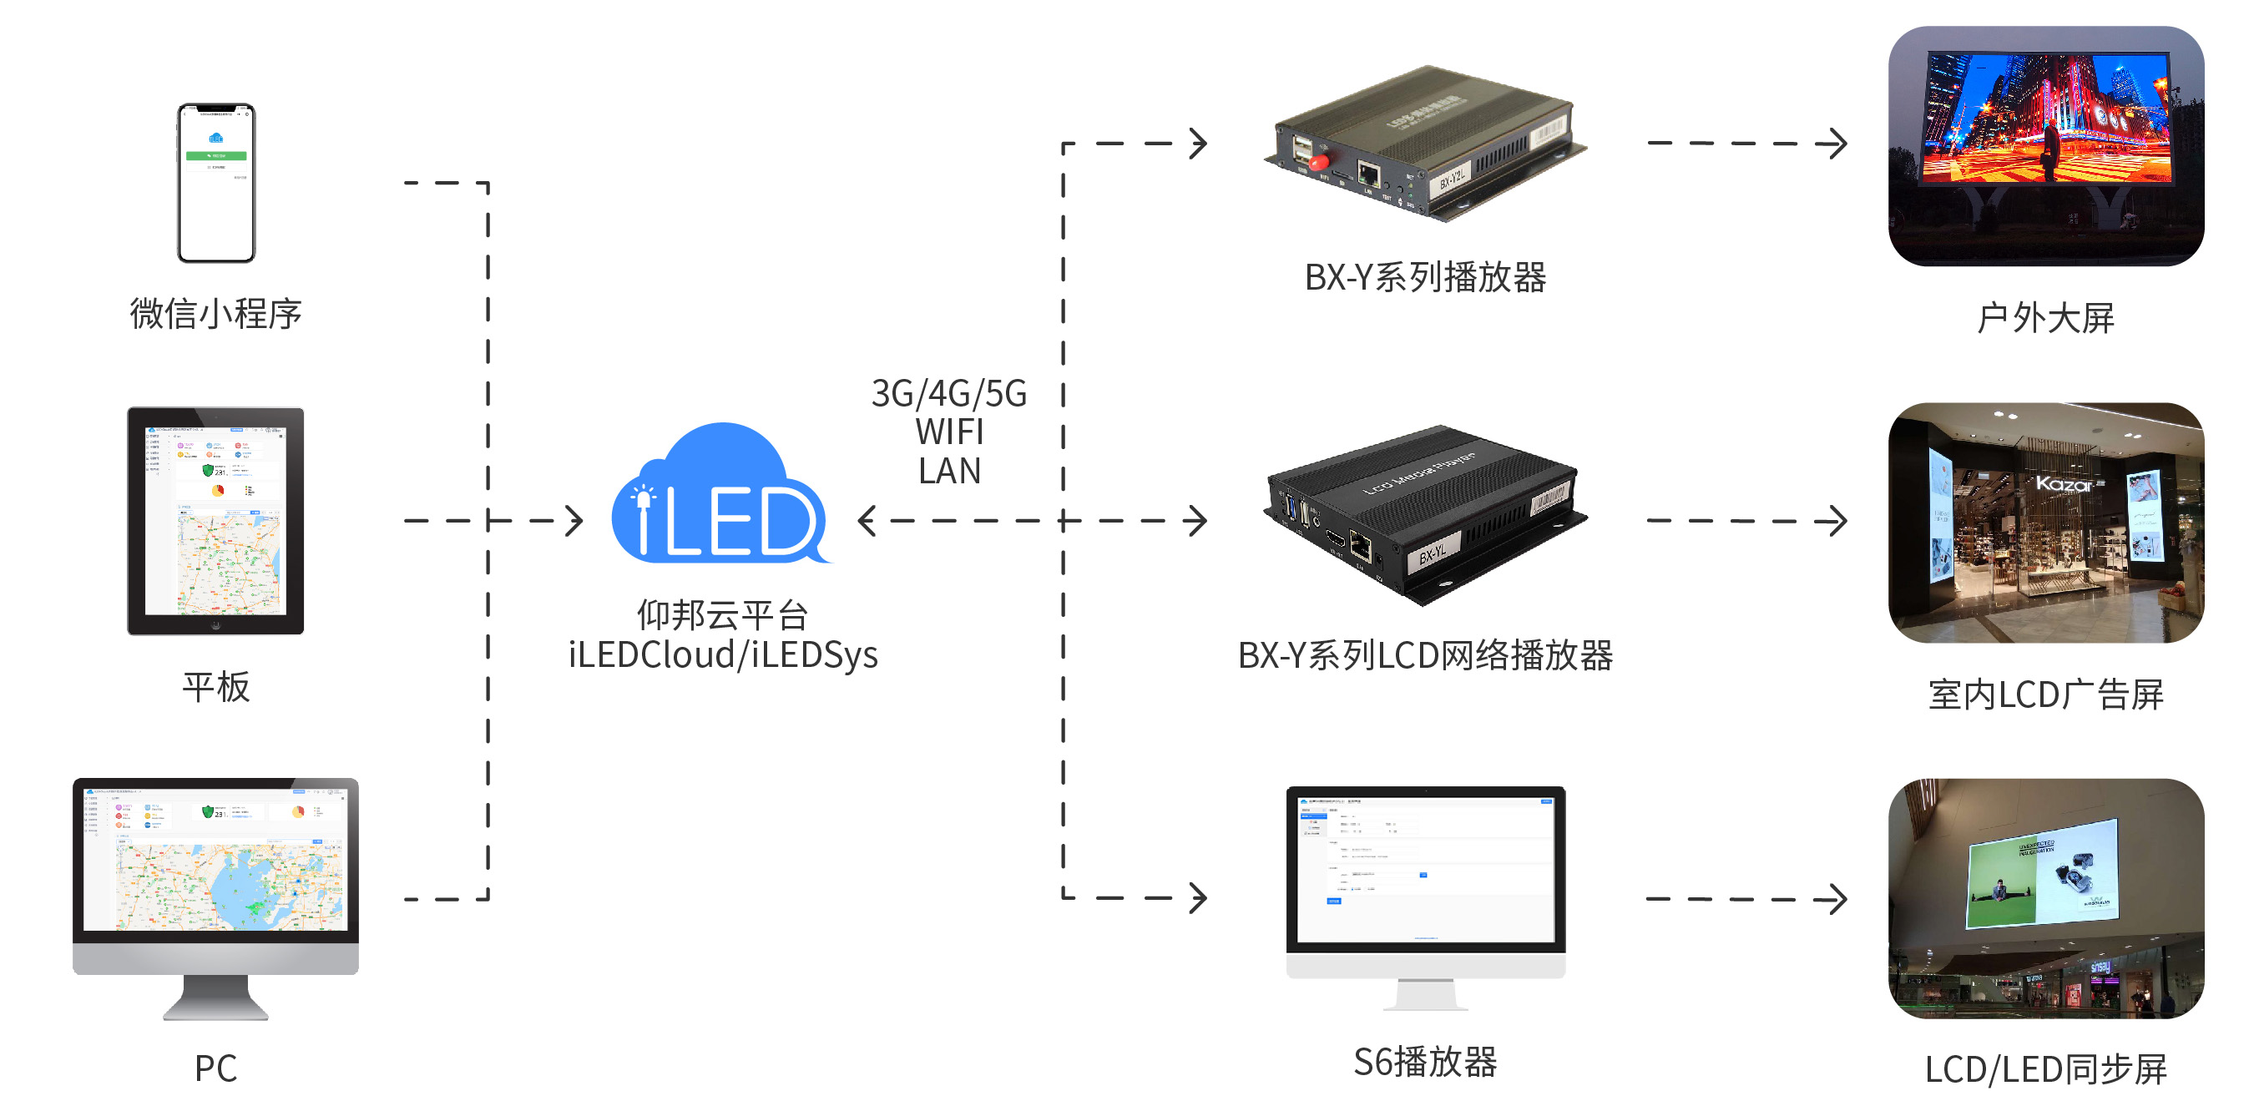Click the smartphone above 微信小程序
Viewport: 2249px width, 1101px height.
(x=215, y=183)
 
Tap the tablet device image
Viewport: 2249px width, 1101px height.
(x=215, y=520)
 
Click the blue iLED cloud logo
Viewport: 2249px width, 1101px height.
(x=723, y=497)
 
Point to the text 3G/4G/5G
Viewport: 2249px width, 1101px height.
(x=949, y=394)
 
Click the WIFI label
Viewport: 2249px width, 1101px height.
(x=949, y=432)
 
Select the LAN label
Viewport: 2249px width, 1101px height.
(x=949, y=471)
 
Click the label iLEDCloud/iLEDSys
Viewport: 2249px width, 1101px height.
(x=723, y=654)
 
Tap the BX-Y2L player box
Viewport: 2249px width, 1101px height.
(x=1425, y=144)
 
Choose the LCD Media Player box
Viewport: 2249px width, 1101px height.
(x=1425, y=515)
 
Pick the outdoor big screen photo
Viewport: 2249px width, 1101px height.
(x=2045, y=146)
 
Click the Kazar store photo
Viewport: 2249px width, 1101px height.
(x=2045, y=523)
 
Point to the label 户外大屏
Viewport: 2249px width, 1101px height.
(x=2045, y=318)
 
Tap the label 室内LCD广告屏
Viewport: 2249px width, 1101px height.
(x=2045, y=695)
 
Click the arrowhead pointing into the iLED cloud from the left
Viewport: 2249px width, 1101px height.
(x=574, y=521)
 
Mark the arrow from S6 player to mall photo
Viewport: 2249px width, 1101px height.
(x=1746, y=898)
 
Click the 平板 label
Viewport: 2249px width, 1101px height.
(x=215, y=687)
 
